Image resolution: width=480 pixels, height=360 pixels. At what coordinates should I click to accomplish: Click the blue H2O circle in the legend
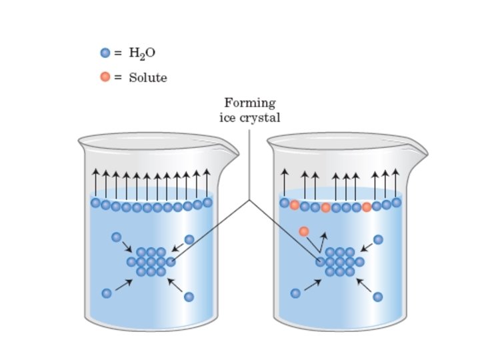[105, 53]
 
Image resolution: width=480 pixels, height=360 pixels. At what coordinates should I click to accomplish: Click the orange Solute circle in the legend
[105, 77]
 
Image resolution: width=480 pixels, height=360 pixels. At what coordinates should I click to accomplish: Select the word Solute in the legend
[147, 77]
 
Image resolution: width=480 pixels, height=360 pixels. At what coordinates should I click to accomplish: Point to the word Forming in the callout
[249, 103]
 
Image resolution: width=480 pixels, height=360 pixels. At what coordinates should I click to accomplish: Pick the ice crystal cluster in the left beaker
[151, 262]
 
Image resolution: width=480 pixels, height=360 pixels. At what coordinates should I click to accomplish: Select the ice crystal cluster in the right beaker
[340, 262]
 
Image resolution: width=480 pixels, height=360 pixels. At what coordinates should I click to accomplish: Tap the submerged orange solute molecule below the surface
[304, 231]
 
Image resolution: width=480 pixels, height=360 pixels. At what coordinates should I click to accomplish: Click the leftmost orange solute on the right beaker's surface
[295, 205]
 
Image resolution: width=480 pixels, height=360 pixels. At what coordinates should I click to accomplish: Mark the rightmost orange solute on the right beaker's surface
[367, 207]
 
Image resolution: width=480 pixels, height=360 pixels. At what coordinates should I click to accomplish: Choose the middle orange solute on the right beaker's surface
[325, 208]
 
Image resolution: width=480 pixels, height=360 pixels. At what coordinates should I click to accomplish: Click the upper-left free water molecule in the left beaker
[117, 237]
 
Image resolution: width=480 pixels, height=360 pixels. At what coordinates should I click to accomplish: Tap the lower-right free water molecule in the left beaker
[189, 297]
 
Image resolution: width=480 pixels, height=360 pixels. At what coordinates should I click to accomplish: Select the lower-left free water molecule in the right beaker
[296, 293]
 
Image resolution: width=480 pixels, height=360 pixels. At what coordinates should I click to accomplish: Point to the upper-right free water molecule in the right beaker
[378, 239]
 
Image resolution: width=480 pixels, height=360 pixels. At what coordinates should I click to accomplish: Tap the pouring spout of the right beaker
[418, 154]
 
